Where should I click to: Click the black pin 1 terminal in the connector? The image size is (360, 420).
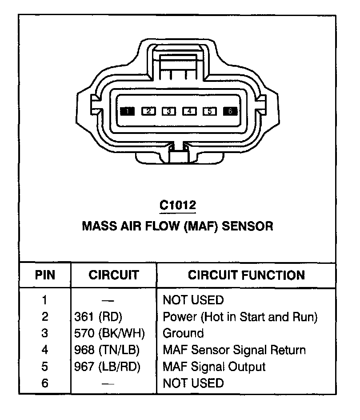pyautogui.click(x=127, y=111)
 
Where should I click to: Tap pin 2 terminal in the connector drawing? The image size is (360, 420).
pyautogui.click(x=148, y=111)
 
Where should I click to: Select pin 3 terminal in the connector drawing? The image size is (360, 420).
pyautogui.click(x=169, y=111)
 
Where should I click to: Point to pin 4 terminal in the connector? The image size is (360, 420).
pyautogui.click(x=189, y=111)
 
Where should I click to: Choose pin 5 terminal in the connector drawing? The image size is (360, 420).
pyautogui.click(x=210, y=111)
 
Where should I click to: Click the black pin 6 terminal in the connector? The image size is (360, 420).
pyautogui.click(x=230, y=111)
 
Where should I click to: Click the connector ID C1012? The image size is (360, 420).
pyautogui.click(x=178, y=206)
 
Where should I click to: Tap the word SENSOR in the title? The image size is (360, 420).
pyautogui.click(x=248, y=226)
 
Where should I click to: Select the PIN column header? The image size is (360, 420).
pyautogui.click(x=45, y=275)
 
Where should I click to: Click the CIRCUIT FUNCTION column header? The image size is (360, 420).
pyautogui.click(x=246, y=275)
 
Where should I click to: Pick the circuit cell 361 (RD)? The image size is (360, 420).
pyautogui.click(x=98, y=317)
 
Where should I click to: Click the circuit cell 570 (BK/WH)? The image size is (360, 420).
pyautogui.click(x=109, y=333)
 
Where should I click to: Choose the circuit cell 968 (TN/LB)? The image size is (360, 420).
pyautogui.click(x=107, y=350)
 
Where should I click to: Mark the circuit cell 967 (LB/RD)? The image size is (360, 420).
pyautogui.click(x=107, y=367)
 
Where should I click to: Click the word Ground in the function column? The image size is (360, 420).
pyautogui.click(x=184, y=333)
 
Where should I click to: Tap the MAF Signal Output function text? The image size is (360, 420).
pyautogui.click(x=214, y=367)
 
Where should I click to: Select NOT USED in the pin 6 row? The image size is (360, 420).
pyautogui.click(x=193, y=383)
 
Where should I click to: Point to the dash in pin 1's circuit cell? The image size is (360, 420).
pyautogui.click(x=108, y=300)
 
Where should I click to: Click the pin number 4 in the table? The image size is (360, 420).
pyautogui.click(x=45, y=350)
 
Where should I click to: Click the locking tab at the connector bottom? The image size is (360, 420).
pyautogui.click(x=179, y=155)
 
